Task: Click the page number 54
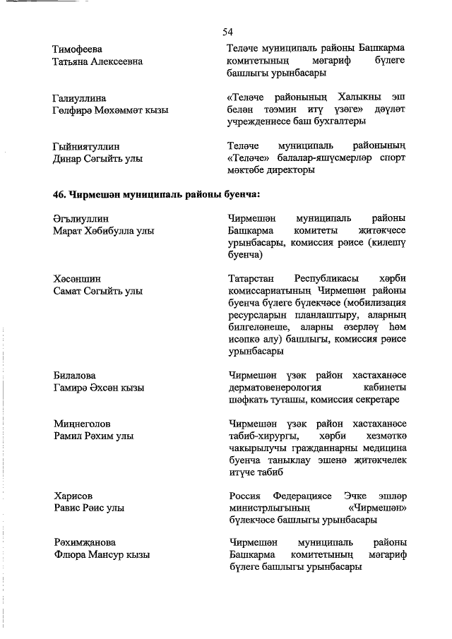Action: point(227,32)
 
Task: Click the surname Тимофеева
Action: point(77,49)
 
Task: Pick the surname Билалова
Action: point(74,376)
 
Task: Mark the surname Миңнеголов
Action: point(82,424)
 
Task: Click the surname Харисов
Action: point(73,496)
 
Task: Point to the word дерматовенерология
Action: point(275,388)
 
